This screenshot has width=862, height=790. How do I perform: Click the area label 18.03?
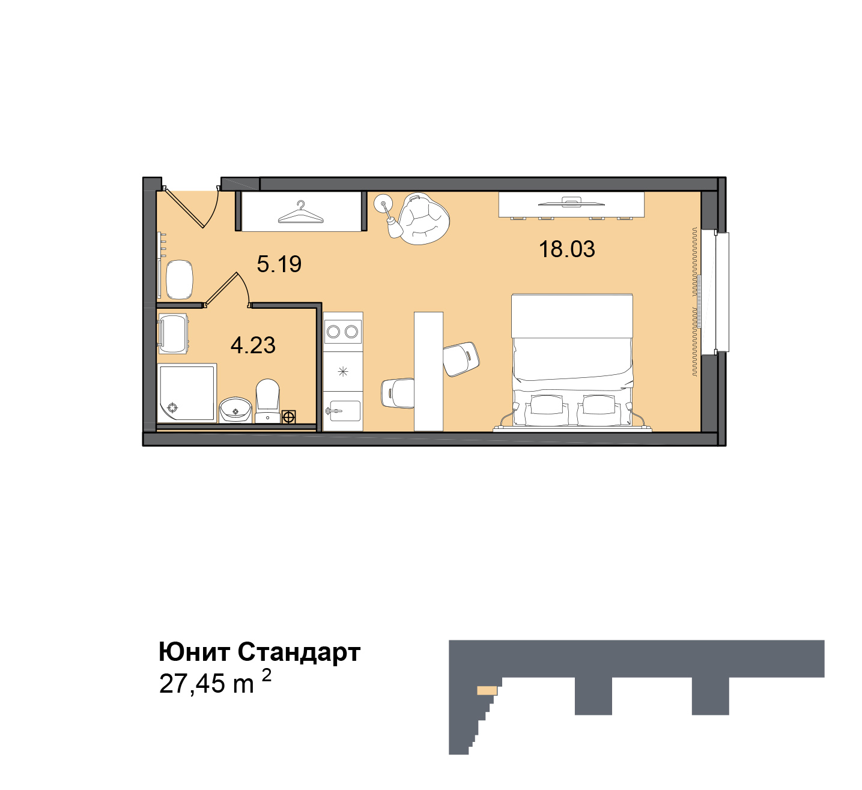[567, 249]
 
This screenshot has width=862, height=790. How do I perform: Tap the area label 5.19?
[279, 264]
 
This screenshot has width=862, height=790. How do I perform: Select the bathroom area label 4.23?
[253, 345]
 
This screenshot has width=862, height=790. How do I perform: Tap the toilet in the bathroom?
[268, 401]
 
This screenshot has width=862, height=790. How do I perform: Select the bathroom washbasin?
[235, 410]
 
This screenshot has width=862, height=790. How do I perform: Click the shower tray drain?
[173, 407]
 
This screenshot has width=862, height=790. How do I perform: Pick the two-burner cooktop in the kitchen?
[342, 332]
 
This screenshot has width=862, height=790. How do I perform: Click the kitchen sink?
[343, 411]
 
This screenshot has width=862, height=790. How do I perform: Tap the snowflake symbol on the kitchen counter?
[343, 372]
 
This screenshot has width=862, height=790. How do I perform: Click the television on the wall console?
[571, 203]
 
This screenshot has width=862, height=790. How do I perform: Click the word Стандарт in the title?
[299, 652]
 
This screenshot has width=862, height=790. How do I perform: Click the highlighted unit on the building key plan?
[487, 691]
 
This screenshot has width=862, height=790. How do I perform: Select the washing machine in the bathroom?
[173, 334]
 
